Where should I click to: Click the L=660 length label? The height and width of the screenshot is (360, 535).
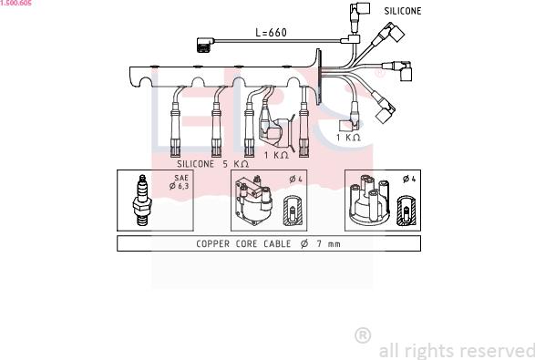point(271,33)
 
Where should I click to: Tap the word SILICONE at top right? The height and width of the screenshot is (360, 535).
point(403,11)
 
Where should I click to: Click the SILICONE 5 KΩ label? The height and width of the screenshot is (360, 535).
point(212,164)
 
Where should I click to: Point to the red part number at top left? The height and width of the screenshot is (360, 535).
point(15,3)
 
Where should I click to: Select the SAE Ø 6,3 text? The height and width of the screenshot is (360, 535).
point(180,182)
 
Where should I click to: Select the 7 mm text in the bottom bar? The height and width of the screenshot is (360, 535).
point(328,243)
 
